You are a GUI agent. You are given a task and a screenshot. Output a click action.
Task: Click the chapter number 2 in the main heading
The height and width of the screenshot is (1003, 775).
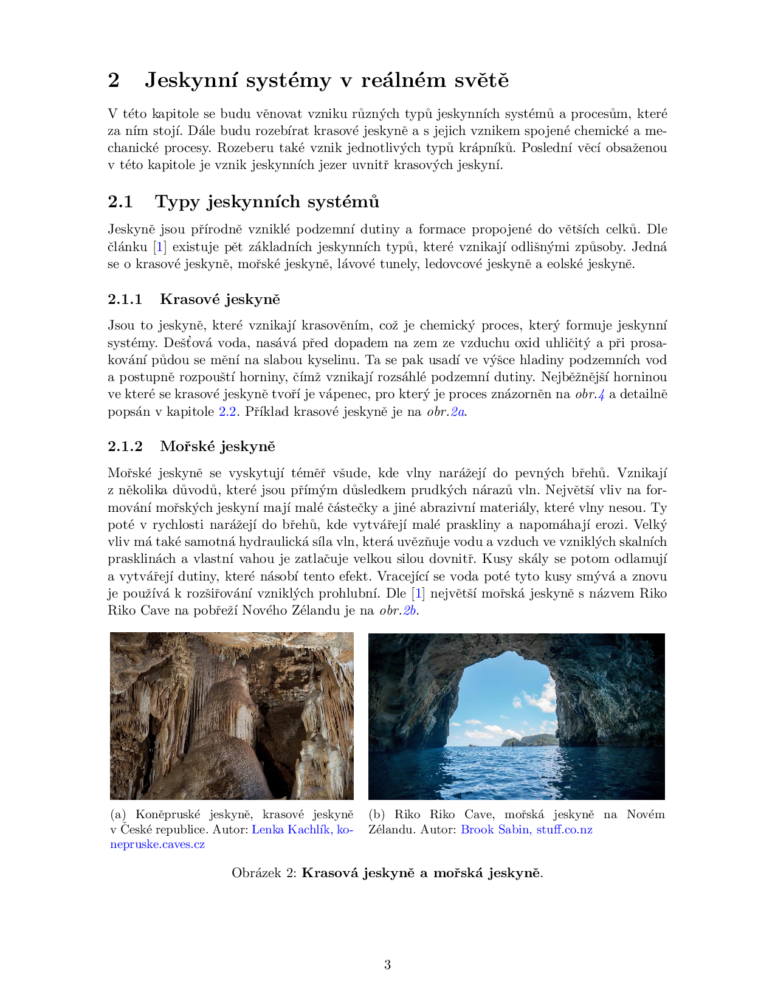114,80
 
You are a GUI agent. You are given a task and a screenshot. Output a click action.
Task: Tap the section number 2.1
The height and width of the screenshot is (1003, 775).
120,202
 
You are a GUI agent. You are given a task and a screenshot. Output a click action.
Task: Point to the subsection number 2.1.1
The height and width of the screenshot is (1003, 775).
125,299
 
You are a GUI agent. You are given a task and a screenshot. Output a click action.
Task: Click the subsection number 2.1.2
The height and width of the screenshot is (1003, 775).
125,446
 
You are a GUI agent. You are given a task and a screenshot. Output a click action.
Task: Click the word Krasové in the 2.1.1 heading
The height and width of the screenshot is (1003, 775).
189,299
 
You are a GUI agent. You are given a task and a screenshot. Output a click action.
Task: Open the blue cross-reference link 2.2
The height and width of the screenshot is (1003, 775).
227,412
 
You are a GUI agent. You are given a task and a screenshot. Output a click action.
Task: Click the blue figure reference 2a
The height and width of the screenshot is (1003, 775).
458,412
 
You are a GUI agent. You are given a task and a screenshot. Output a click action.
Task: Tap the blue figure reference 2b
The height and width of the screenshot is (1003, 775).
410,610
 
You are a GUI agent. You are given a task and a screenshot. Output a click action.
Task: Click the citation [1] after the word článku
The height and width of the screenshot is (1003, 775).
159,247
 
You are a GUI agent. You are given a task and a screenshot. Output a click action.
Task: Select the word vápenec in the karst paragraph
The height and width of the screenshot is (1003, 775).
345,395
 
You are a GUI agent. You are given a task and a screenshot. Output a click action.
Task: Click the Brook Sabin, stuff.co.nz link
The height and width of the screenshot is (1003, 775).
526,830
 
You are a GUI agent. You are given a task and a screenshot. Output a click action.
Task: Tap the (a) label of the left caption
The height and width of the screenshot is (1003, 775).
118,815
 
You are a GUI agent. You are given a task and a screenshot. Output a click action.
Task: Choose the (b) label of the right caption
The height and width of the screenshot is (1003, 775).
377,815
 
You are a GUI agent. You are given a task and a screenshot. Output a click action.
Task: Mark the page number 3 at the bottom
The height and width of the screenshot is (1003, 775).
387,965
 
